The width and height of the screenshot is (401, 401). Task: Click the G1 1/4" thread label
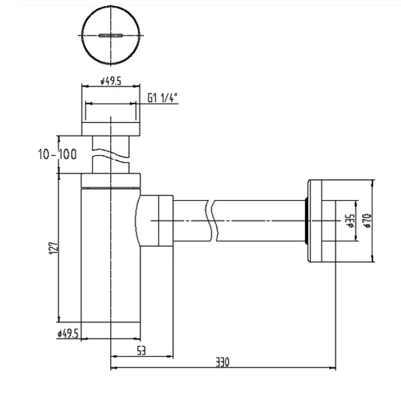pyautogui.click(x=163, y=98)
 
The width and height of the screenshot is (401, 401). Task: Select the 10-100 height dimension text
pyautogui.click(x=57, y=154)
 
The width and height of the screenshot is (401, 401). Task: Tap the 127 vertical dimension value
pyautogui.click(x=54, y=248)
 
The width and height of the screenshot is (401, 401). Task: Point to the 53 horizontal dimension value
pyautogui.click(x=141, y=350)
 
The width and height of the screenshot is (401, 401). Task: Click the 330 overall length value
pyautogui.click(x=223, y=362)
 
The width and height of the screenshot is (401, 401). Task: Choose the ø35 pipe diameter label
pyautogui.click(x=352, y=221)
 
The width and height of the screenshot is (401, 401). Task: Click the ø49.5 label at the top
pyautogui.click(x=111, y=82)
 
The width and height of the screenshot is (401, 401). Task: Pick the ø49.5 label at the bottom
pyautogui.click(x=68, y=334)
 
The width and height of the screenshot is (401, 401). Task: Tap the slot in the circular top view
pyautogui.click(x=110, y=35)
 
